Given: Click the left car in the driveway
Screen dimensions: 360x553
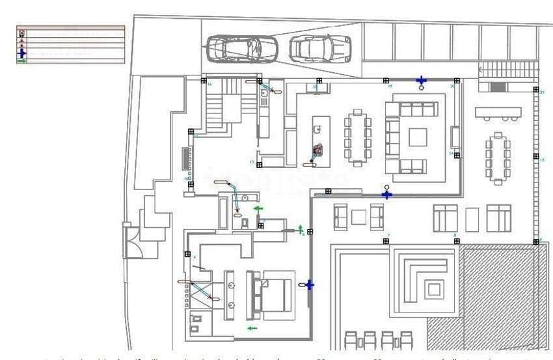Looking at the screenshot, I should (x=242, y=48).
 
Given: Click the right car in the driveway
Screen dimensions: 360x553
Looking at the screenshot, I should (x=320, y=48).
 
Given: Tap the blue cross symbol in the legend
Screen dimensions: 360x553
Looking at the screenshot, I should (x=23, y=53).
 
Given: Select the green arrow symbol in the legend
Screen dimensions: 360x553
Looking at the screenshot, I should (x=23, y=61).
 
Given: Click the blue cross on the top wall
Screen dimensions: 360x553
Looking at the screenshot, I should (x=422, y=80).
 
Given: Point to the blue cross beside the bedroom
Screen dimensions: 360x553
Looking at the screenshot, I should (x=310, y=284).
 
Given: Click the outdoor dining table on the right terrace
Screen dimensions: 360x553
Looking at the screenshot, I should (x=498, y=158).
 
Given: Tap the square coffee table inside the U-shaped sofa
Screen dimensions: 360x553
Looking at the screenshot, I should (x=418, y=137).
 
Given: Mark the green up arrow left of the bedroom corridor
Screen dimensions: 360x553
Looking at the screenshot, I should (x=301, y=228).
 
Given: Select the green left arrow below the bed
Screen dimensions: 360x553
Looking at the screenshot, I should (x=252, y=328).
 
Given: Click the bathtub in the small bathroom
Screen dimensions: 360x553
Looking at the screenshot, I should (x=223, y=214).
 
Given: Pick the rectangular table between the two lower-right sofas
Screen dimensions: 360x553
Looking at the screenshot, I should (x=472, y=219).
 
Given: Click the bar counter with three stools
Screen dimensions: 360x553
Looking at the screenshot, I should (x=498, y=112).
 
